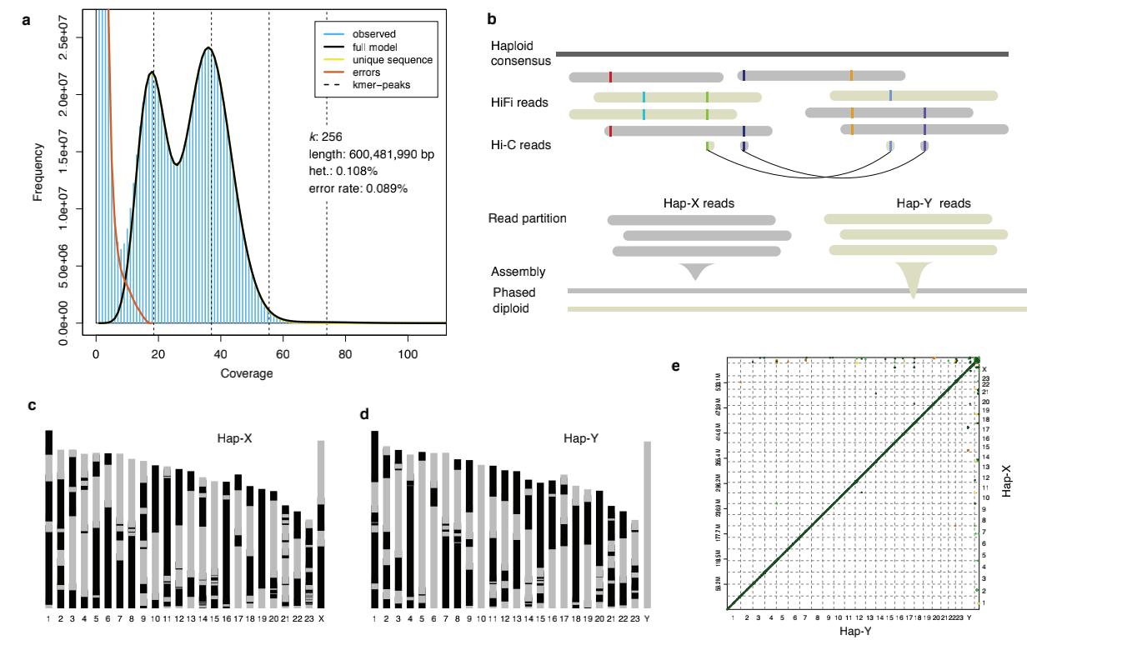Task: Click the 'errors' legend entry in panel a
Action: click(x=366, y=72)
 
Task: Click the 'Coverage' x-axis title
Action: click(x=247, y=373)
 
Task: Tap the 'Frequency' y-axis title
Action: click(x=38, y=172)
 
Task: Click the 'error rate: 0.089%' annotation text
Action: click(x=358, y=189)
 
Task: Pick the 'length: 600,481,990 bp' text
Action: click(x=371, y=154)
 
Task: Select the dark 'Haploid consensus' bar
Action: click(x=782, y=54)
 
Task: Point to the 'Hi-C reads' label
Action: click(x=521, y=145)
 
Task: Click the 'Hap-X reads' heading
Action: click(x=699, y=203)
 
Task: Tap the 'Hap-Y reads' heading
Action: click(x=933, y=203)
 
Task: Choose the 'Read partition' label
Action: click(x=527, y=218)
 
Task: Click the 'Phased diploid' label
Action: click(x=513, y=300)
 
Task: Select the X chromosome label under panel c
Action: click(x=321, y=618)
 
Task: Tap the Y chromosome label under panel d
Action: click(x=647, y=618)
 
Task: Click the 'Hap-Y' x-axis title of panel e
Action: click(x=855, y=632)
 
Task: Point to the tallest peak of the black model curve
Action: click(x=208, y=48)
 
